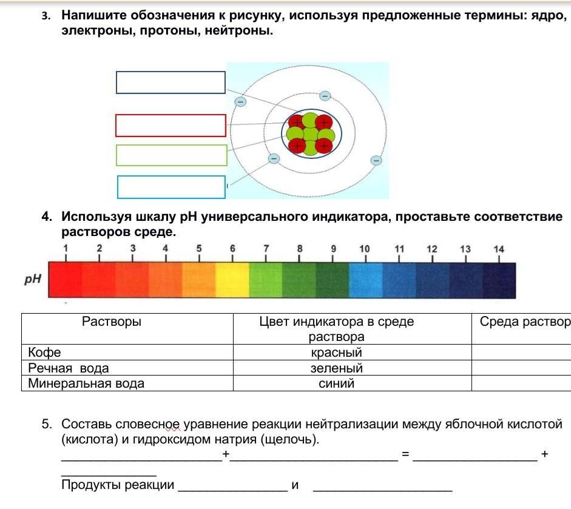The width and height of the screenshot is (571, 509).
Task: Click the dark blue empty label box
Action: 171,83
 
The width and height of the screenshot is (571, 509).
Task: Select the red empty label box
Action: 171,125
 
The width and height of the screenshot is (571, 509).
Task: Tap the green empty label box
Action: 171,155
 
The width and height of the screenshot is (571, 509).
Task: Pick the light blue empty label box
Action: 171,187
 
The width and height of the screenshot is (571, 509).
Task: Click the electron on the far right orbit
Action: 376,160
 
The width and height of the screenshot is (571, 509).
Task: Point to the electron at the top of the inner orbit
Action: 325,96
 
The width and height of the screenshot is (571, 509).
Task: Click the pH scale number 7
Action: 266,249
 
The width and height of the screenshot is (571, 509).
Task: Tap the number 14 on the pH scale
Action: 498,249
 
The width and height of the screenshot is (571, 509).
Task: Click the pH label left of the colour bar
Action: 32,280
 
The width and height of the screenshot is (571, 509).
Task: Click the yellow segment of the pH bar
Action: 232,280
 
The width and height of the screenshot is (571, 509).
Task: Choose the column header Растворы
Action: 111,322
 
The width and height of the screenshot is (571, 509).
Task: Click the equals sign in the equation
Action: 405,454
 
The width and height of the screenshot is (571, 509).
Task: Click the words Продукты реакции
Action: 118,485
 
